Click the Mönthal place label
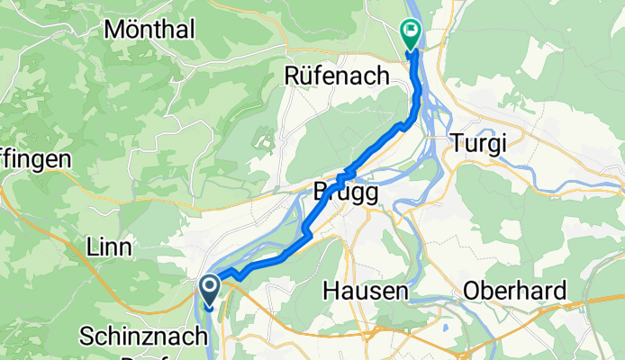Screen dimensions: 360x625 149,29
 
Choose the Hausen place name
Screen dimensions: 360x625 366,292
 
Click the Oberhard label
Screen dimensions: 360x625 515,292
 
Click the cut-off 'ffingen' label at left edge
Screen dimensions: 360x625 34,158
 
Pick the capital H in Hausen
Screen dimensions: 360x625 331,292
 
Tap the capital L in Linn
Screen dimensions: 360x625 91,247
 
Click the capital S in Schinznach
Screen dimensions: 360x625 87,337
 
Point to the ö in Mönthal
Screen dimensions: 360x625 135,29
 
